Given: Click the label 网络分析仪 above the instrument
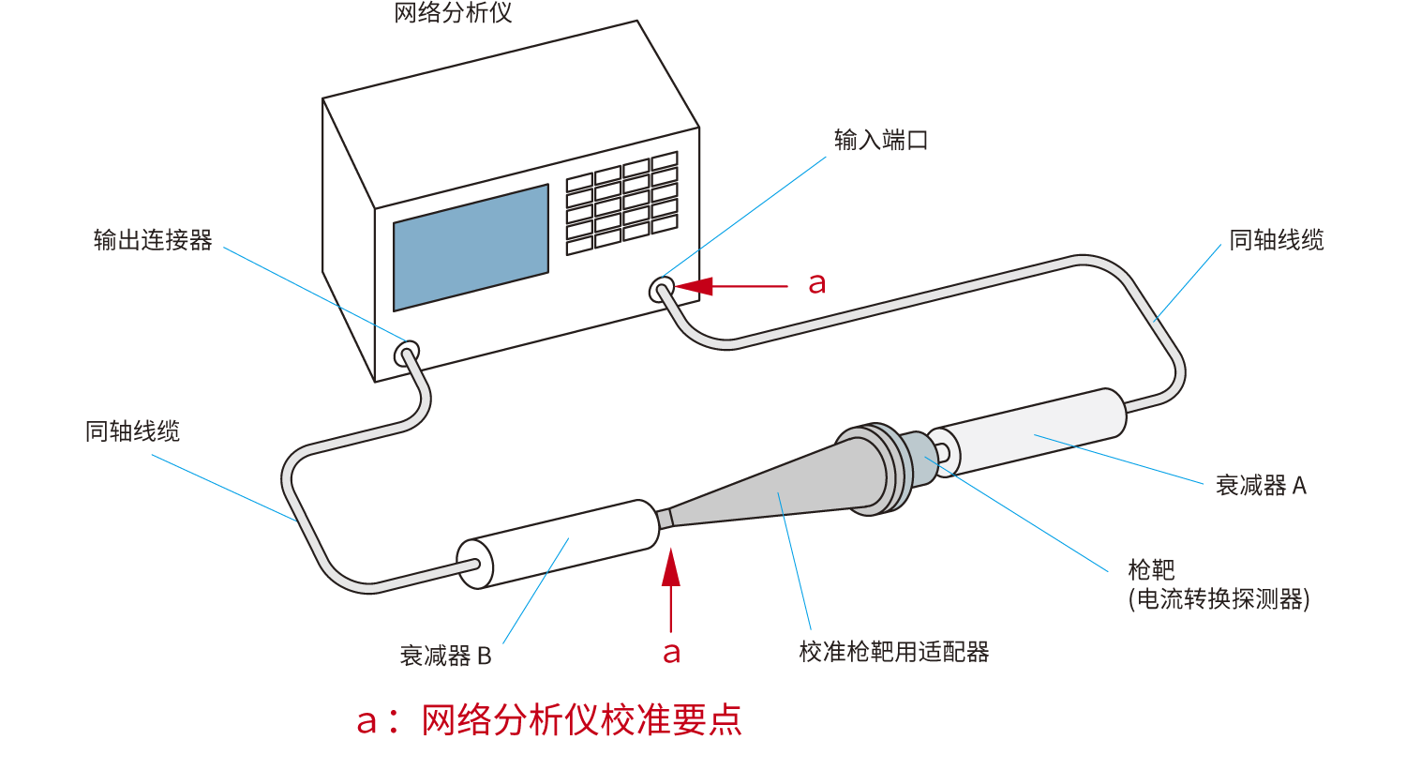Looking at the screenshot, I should tap(453, 13).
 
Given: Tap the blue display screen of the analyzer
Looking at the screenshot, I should tap(471, 248).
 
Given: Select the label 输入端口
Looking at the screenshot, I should tap(881, 141).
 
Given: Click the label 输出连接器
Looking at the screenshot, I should tap(153, 240).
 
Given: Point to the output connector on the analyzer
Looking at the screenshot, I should tap(406, 354).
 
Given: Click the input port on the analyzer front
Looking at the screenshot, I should tap(662, 288).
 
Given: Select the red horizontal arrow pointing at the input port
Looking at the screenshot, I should tap(731, 286).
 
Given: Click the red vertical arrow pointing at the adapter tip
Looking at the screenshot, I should tap(671, 591).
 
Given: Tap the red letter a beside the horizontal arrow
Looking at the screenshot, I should tap(817, 282).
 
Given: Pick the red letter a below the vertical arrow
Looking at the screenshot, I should tap(671, 653).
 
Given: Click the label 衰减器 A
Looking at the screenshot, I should tap(1261, 486).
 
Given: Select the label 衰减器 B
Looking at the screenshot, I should tap(446, 656).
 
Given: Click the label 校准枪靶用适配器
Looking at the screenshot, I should tap(894, 652).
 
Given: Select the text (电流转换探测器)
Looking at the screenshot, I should tap(1219, 599).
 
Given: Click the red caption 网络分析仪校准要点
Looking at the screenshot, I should tap(581, 720).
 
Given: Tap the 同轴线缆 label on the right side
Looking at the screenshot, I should tap(1277, 241).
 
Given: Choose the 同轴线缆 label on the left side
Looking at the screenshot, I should tap(133, 431).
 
